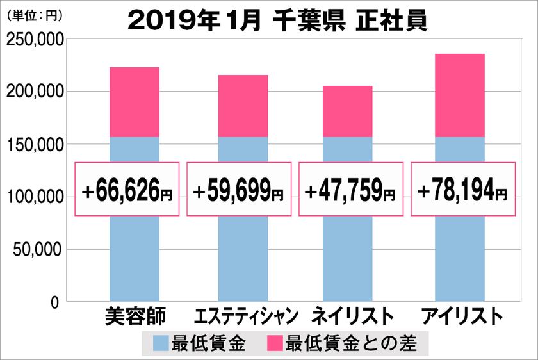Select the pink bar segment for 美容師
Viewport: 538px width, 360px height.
point(134,102)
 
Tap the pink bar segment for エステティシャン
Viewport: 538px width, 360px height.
point(243,106)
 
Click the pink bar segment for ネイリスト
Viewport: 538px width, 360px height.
point(348,111)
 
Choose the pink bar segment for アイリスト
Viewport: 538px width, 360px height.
point(460,95)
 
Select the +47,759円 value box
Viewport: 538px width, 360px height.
point(351,189)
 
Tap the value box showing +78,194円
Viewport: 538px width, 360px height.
point(462,189)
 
